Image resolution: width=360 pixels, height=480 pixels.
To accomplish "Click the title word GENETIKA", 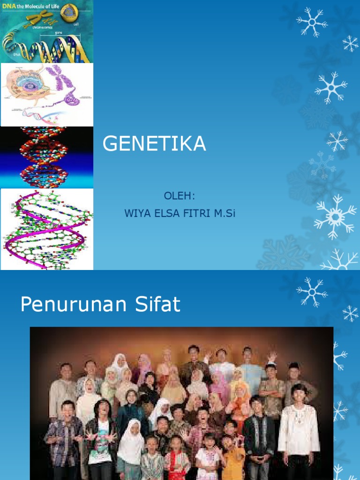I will [154, 144].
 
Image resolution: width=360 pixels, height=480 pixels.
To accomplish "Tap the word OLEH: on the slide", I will [180, 195].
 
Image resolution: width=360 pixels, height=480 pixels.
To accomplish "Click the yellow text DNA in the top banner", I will [9, 5].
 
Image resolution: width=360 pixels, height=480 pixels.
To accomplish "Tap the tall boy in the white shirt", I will [298, 427].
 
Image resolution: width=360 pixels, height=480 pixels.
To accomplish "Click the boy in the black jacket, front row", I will [258, 434].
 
